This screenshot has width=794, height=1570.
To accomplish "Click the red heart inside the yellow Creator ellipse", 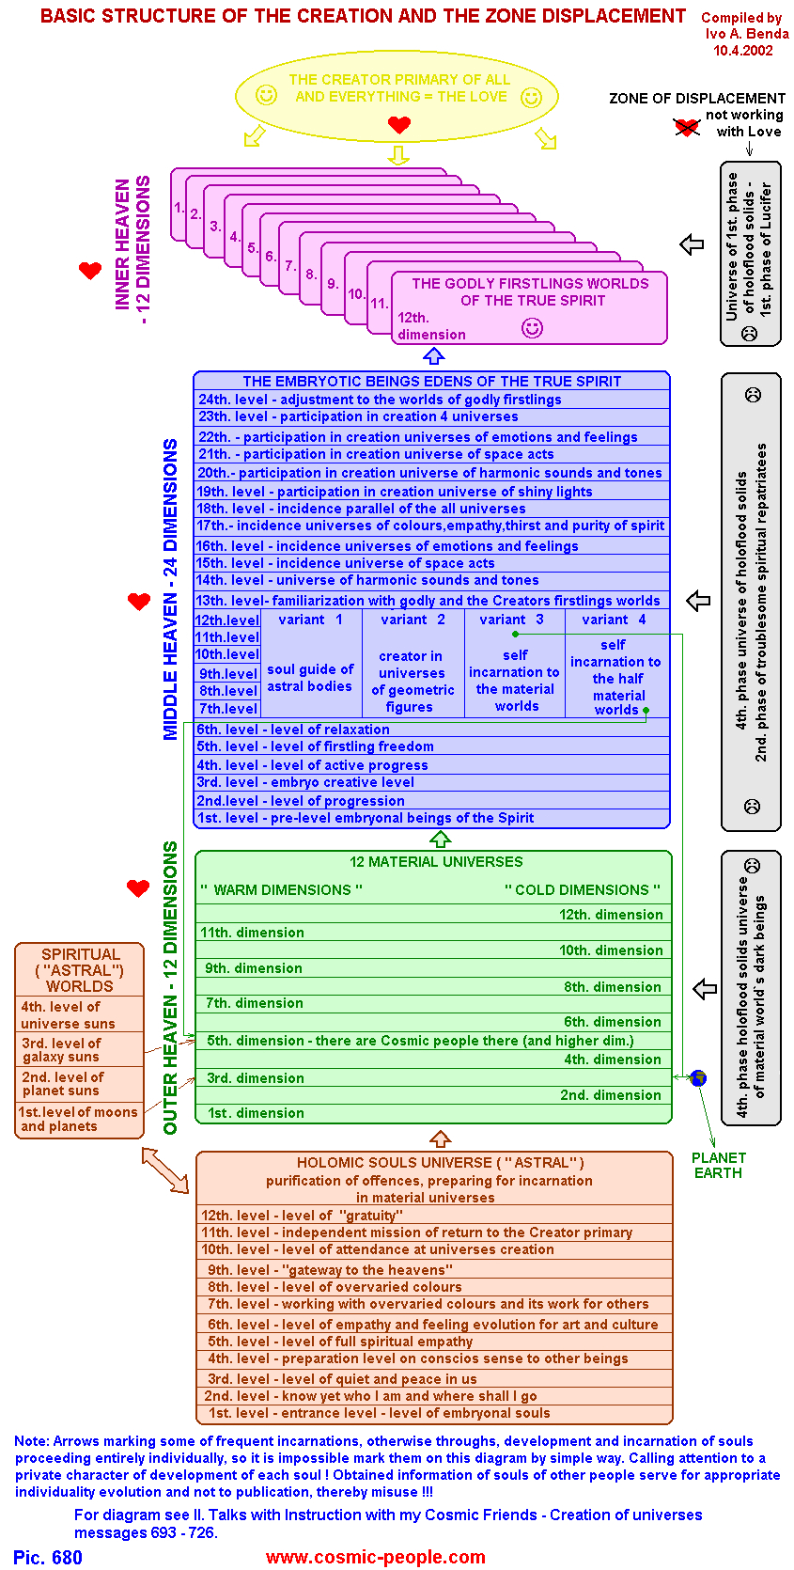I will point(399,124).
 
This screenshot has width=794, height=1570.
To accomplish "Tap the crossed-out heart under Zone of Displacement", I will point(687,126).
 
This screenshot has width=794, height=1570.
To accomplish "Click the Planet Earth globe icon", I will point(698,1078).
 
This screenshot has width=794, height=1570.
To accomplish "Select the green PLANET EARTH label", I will point(719,1166).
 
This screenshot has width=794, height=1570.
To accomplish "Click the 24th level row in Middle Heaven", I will point(380,400).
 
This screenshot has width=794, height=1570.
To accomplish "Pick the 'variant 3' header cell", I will point(511,620).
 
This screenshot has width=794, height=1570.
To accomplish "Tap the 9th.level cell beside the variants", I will point(227,673).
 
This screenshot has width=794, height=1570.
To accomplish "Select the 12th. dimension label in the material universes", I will point(611,915).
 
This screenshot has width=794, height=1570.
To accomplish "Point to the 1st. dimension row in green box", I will point(256,1113).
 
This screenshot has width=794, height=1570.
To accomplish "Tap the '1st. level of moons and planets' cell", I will point(79,1119).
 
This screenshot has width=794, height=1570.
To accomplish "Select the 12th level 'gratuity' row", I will point(301,1216).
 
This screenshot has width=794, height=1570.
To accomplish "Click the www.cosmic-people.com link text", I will point(376,1557).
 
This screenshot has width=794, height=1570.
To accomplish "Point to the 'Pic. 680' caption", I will point(48,1557).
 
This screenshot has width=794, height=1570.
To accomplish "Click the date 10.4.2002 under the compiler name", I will point(743,50).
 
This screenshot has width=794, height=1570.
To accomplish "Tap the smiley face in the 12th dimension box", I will point(532,327).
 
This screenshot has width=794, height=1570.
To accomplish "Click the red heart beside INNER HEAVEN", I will point(90,271).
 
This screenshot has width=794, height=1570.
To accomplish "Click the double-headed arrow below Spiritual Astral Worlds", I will point(165,1170).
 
